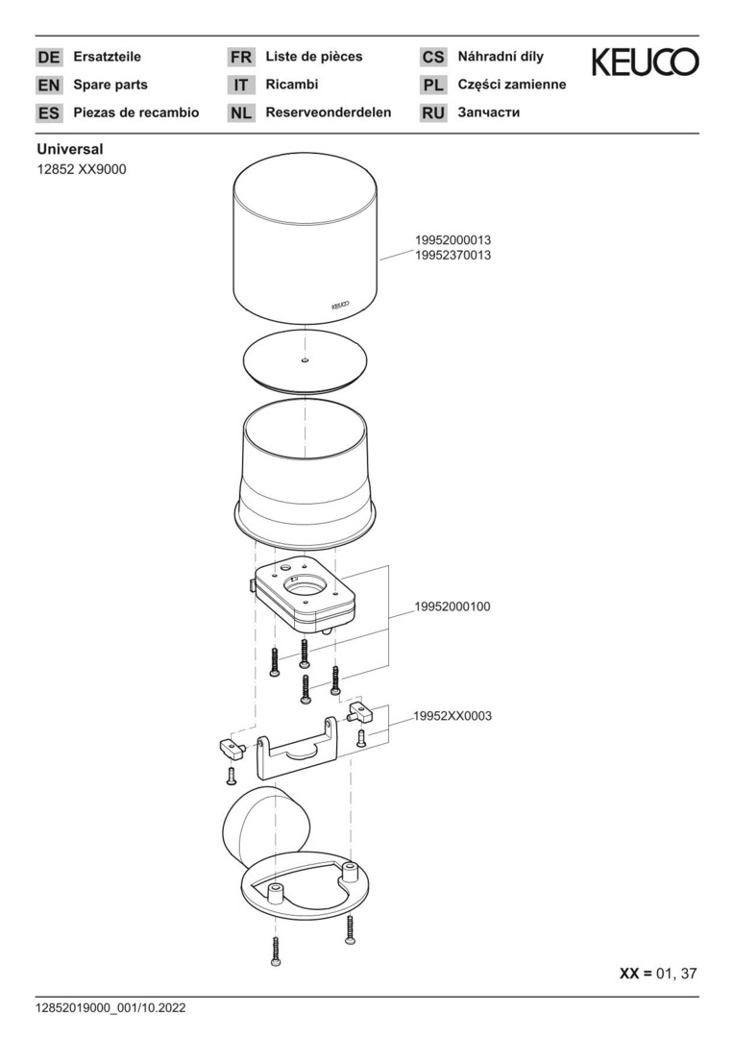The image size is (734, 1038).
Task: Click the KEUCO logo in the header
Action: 645,62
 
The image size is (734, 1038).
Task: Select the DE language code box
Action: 49,58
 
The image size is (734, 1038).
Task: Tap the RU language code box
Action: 433,113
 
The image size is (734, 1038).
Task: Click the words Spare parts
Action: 110,85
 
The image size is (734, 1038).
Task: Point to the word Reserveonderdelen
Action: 329,112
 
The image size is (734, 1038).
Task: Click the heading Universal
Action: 70,150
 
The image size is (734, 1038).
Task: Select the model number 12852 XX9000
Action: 82,169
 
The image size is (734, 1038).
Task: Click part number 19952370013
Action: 453,256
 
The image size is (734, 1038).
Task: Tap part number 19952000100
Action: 453,606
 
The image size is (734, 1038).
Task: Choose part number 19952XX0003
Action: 453,716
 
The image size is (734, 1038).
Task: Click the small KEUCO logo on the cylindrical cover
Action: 340,306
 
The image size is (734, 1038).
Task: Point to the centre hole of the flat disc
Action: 305,360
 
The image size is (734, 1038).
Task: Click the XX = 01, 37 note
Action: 658,973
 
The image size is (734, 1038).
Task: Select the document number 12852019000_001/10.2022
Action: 110,1008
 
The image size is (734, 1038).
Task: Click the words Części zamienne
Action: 512,85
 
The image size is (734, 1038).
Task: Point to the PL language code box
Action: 433,86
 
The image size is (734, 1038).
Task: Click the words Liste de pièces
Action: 314,57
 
